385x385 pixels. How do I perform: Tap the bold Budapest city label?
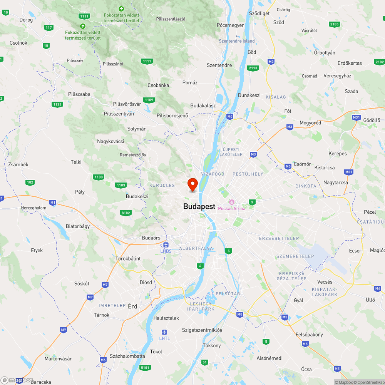199,207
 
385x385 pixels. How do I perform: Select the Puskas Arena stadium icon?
231,202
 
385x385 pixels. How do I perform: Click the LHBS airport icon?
166,245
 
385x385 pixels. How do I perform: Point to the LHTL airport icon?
164,332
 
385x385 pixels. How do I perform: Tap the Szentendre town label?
219,65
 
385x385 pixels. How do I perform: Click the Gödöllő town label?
372,120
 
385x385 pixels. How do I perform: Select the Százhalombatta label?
127,356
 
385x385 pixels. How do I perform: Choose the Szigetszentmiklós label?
202,330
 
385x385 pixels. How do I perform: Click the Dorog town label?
26,19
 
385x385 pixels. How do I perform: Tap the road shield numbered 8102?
126,213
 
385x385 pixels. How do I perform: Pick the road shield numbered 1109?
149,100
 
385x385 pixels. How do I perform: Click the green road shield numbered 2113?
253,68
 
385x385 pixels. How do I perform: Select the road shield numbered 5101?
145,368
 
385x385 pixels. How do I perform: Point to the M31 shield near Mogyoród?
356,117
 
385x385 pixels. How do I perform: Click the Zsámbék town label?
18,164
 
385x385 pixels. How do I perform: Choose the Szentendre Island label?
237,41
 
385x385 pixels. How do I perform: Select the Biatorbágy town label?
78,226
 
